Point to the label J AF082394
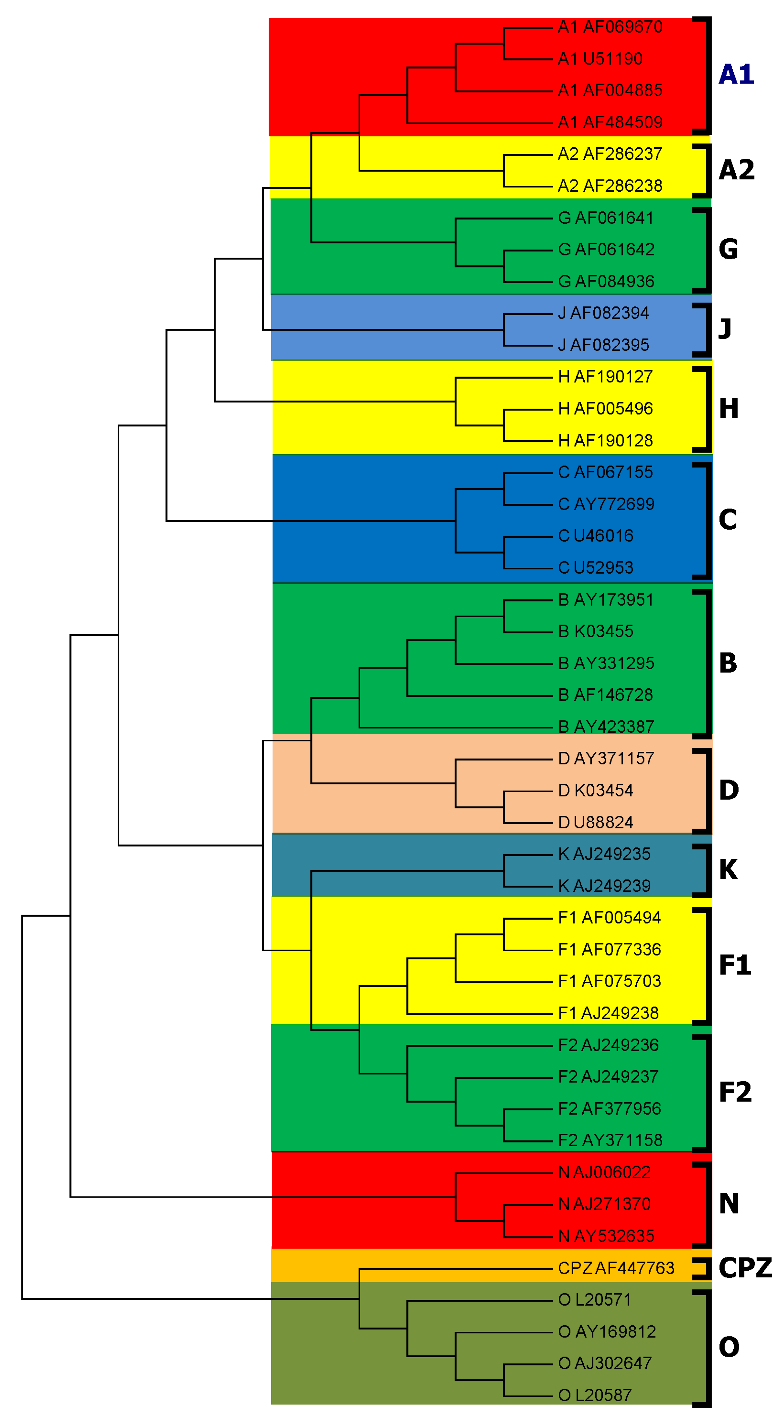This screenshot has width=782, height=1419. coord(603,313)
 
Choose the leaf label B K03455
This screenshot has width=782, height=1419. coord(595,631)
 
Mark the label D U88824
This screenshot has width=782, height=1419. coord(595,822)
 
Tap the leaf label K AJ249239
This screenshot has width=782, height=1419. coord(604,886)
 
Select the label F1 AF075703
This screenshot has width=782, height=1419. coord(609,981)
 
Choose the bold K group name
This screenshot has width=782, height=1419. coord(728,870)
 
